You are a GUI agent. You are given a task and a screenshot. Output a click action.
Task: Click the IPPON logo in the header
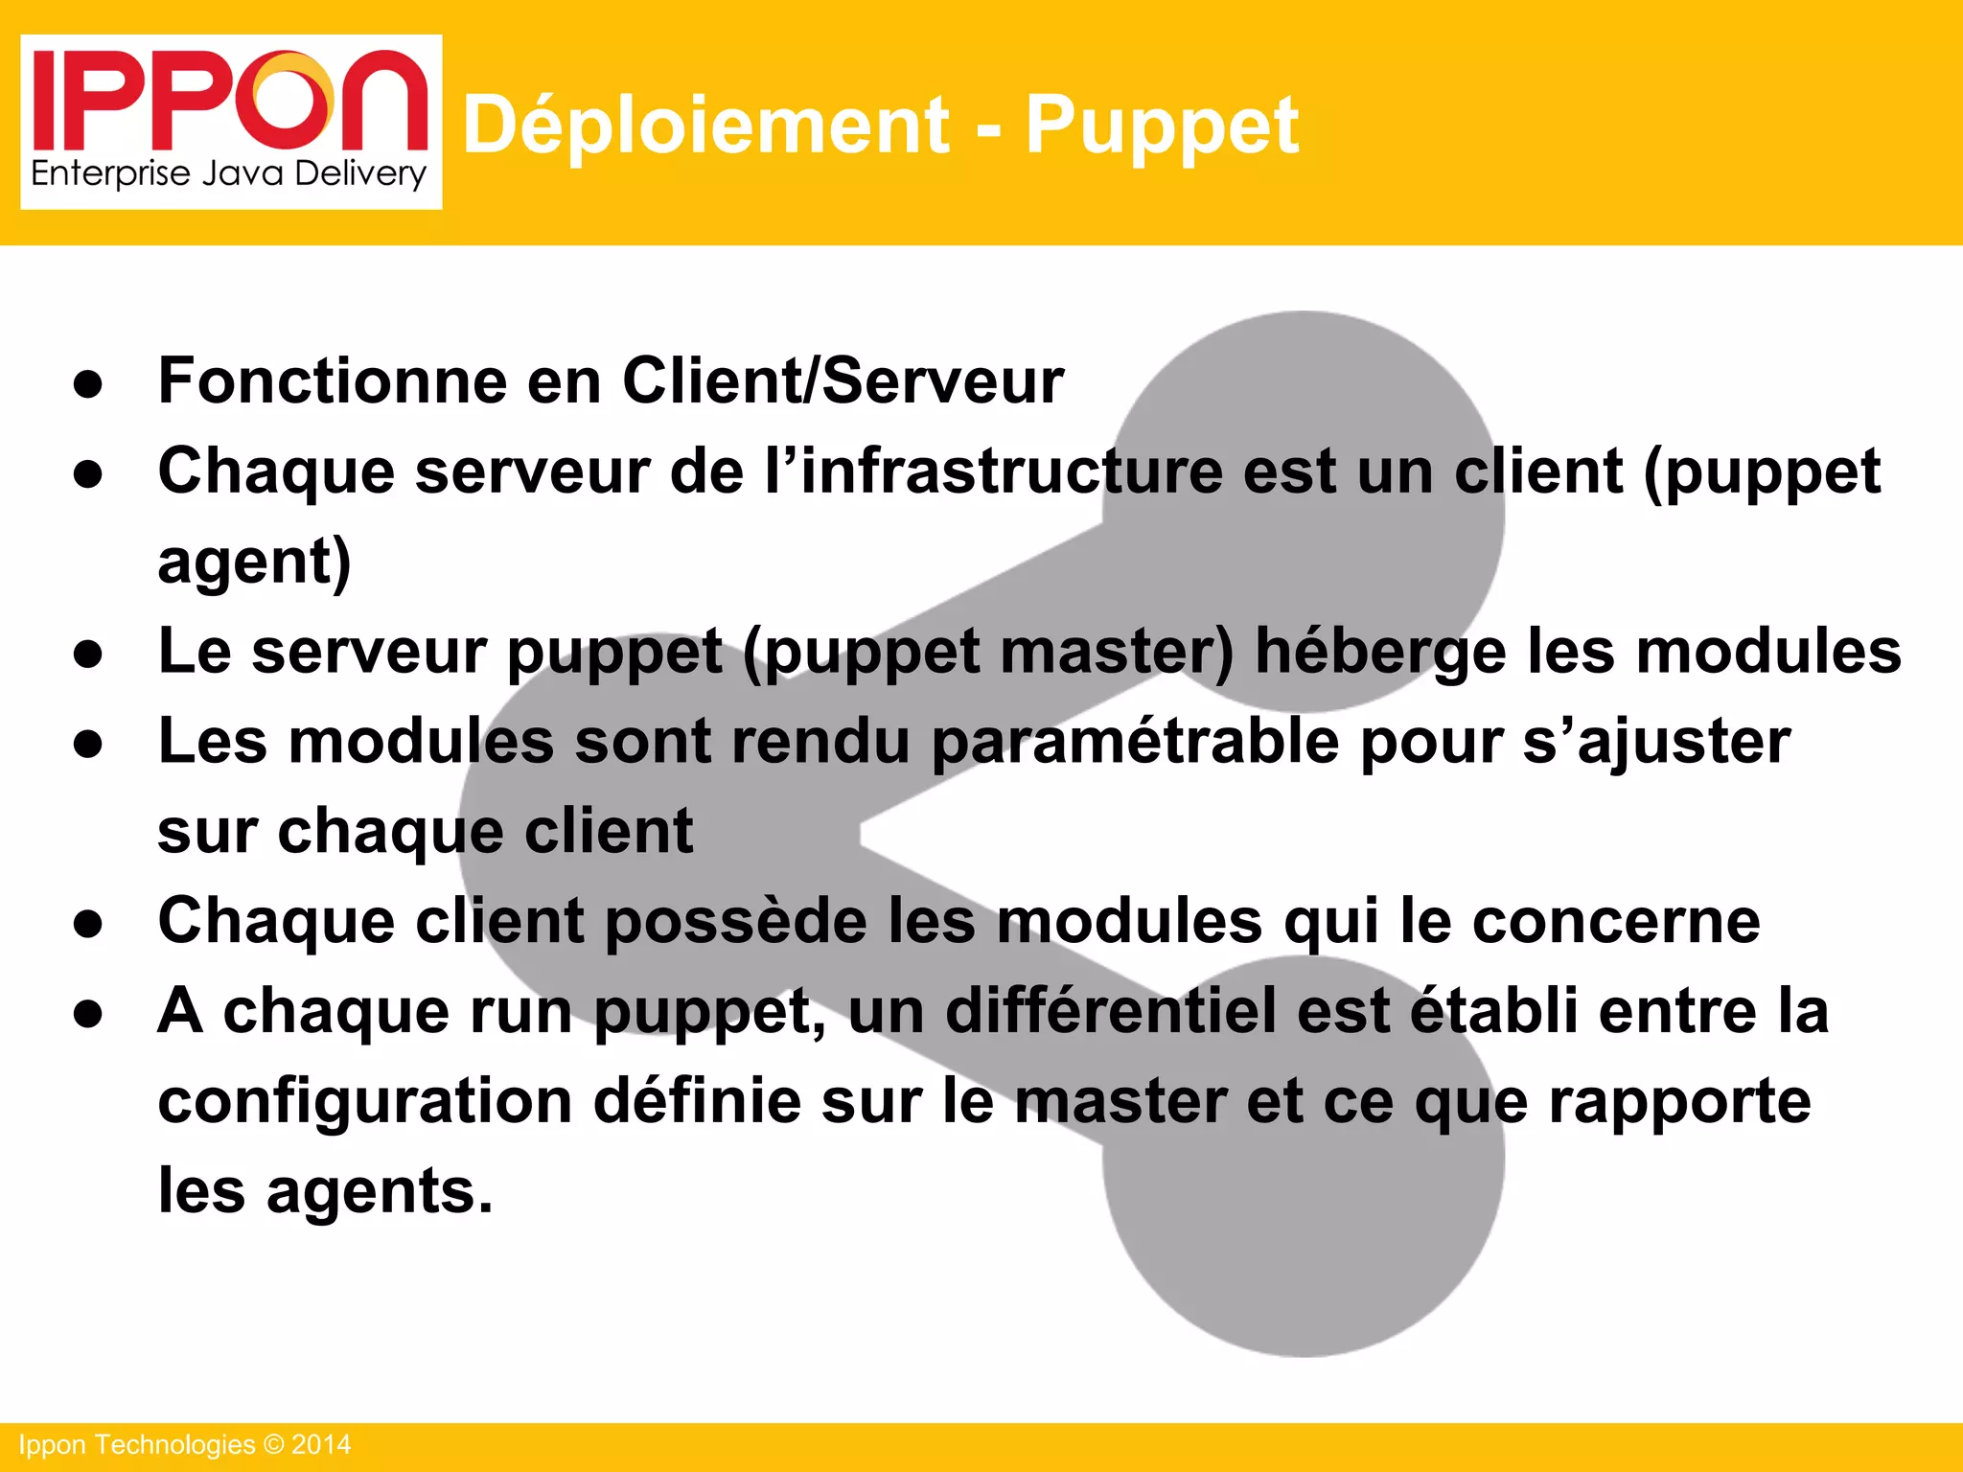coord(230,101)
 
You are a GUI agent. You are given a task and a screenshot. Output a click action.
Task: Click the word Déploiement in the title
coord(706,125)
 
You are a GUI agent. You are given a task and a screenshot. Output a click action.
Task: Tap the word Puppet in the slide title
coord(1162,125)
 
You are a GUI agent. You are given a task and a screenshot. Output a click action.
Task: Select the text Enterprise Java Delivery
coord(229,174)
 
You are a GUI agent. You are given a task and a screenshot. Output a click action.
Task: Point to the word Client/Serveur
coord(843,380)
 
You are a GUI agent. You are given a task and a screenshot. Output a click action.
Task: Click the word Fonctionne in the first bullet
coord(333,380)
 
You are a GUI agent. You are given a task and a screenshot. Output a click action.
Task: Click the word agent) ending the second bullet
coord(255,561)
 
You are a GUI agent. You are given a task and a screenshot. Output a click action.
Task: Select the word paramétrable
coord(1135,742)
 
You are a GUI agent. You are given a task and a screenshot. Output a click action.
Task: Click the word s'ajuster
coord(1656,742)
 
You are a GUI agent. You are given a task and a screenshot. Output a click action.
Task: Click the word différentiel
coord(1111,1011)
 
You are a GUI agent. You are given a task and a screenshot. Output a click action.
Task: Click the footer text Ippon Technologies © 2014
coord(185,1445)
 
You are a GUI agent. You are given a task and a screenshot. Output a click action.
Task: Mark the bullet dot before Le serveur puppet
coord(88,655)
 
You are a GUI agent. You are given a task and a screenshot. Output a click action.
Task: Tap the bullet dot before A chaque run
coord(88,1015)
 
